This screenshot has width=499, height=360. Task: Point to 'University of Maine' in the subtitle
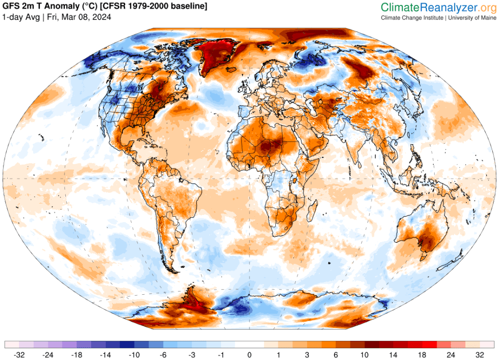471,18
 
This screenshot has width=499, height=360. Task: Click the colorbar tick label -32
20,354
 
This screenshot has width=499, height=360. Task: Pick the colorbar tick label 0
249,354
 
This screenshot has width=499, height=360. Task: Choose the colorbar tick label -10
134,354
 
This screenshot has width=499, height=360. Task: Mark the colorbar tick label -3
192,354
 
